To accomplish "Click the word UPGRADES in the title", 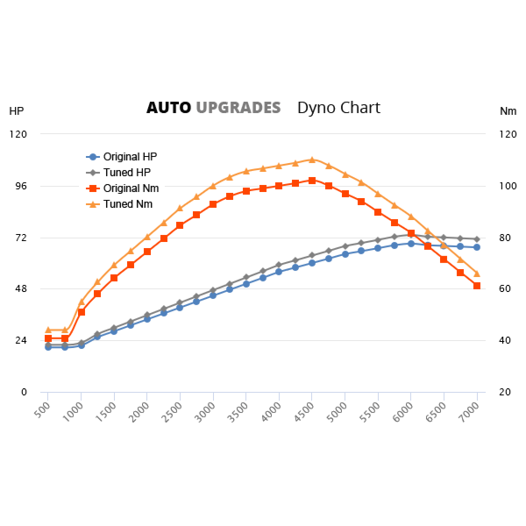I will [x=238, y=108].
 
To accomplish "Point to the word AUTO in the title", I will [x=168, y=108].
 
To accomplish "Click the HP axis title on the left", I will [x=17, y=111].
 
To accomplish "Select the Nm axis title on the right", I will [x=508, y=111].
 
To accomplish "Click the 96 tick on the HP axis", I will [x=19, y=186].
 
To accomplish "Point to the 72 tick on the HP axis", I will [x=19, y=238].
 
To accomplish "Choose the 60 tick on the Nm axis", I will [x=505, y=289].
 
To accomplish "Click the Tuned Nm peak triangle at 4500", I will [x=312, y=160].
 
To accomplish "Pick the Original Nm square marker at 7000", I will [x=477, y=286].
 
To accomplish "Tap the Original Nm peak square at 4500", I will [x=312, y=181].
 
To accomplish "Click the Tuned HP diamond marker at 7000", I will [x=477, y=239].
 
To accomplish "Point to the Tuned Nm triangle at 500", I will [x=48, y=330].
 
